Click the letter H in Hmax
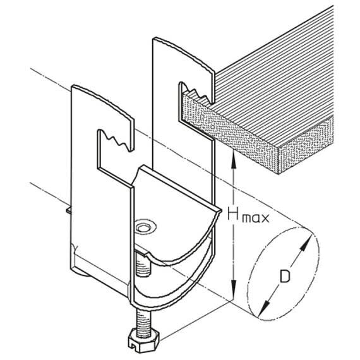(x=234, y=213)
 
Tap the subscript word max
(x=256, y=218)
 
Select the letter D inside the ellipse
(x=285, y=276)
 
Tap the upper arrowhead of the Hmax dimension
(x=234, y=160)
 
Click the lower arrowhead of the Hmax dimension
(x=234, y=290)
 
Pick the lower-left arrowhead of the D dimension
(x=264, y=308)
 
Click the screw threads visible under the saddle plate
(x=143, y=264)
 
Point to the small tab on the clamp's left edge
(x=69, y=210)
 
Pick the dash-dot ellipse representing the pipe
(x=284, y=273)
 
